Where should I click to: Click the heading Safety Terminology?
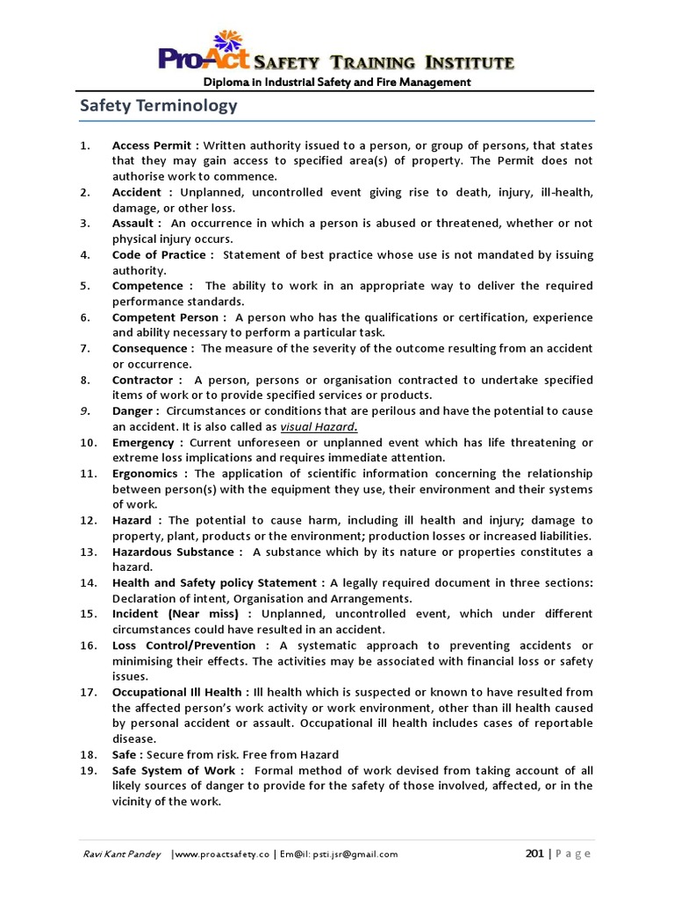(x=158, y=106)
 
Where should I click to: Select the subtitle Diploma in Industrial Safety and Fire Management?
(x=338, y=82)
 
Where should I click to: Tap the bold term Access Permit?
(x=152, y=145)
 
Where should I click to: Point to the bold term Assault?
(x=134, y=223)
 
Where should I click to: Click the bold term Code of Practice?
(x=161, y=254)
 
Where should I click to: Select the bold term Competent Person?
(x=167, y=317)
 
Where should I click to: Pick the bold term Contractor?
(x=146, y=380)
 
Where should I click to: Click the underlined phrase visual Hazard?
(x=319, y=426)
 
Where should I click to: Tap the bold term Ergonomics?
(x=147, y=474)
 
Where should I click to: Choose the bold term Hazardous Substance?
(x=175, y=552)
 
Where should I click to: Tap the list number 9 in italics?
(x=84, y=410)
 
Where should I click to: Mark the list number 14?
(x=87, y=583)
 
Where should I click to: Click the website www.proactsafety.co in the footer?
(x=221, y=854)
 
